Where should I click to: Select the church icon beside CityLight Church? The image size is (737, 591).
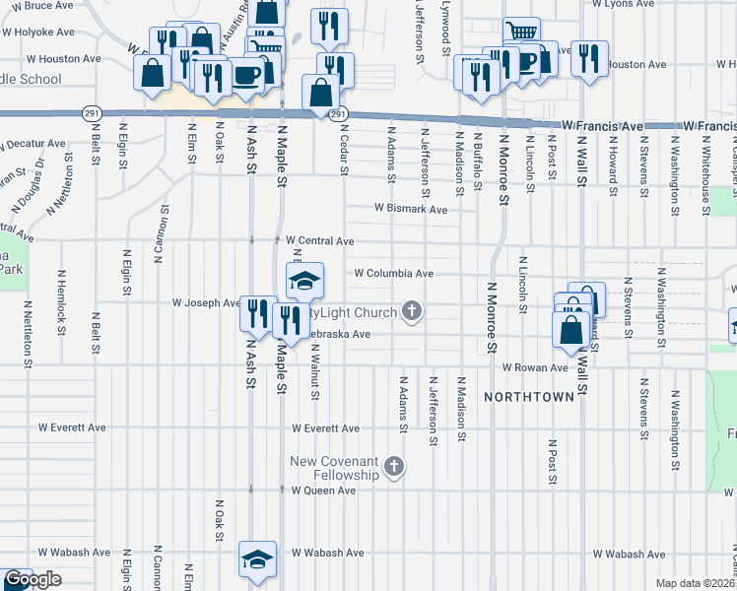pyautogui.click(x=413, y=312)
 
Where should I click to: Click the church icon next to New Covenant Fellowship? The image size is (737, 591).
pyautogui.click(x=394, y=466)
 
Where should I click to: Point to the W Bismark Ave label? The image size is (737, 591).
pyautogui.click(x=411, y=209)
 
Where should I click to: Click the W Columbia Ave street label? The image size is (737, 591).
pyautogui.click(x=394, y=273)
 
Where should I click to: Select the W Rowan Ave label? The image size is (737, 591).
pyautogui.click(x=535, y=367)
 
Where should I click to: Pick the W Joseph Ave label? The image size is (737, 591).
pyautogui.click(x=206, y=303)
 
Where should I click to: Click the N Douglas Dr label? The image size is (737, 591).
pyautogui.click(x=30, y=186)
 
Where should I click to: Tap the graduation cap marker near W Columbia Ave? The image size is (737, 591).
pyautogui.click(x=305, y=280)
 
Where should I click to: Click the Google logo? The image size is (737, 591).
pyautogui.click(x=33, y=579)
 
